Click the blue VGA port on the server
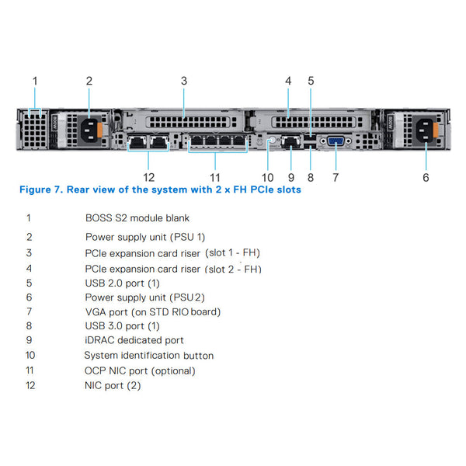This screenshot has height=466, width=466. click(x=336, y=141)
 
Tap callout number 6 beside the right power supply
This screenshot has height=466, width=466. click(x=426, y=177)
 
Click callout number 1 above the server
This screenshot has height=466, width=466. click(x=34, y=80)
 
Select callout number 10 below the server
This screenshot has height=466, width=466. click(x=268, y=177)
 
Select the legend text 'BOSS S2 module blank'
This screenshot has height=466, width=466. click(x=137, y=218)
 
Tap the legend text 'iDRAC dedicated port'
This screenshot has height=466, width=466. click(x=134, y=340)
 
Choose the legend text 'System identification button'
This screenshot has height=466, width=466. click(x=148, y=355)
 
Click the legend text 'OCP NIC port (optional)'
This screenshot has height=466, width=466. click(x=140, y=370)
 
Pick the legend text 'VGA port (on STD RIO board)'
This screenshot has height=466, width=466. click(x=153, y=311)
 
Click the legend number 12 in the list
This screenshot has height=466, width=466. click(x=30, y=385)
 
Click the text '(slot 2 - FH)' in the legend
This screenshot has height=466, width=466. click(x=233, y=269)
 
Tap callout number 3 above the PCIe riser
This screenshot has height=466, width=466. click(x=184, y=80)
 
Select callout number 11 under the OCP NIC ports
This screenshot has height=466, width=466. click(x=215, y=177)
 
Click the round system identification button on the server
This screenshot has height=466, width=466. click(x=272, y=141)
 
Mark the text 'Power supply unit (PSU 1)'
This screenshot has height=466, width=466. click(x=145, y=236)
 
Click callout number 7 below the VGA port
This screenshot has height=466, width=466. click(x=336, y=177)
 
